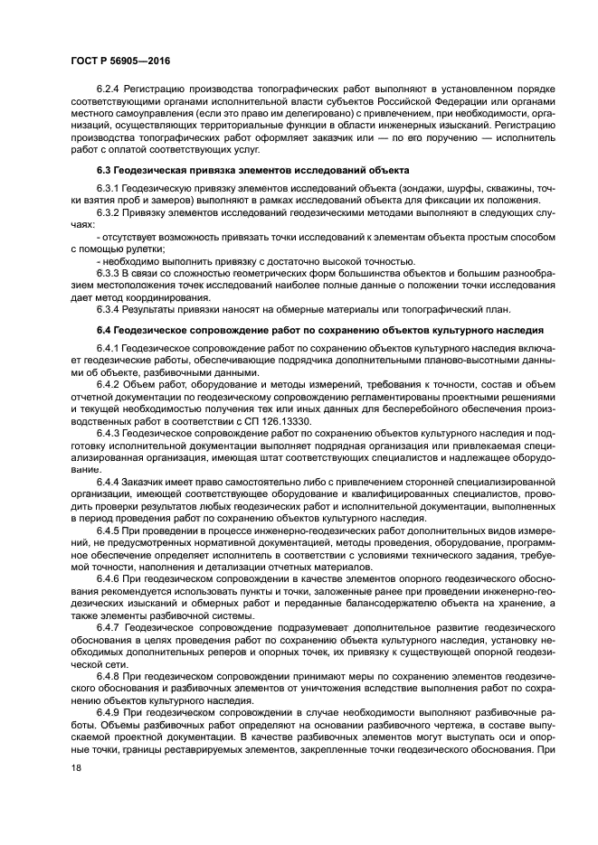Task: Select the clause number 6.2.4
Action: tap(109, 89)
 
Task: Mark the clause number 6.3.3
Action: tap(109, 272)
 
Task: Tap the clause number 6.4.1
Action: tap(109, 348)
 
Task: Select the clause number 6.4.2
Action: tap(109, 384)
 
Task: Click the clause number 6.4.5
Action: tap(109, 530)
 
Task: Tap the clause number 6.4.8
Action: tap(109, 673)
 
